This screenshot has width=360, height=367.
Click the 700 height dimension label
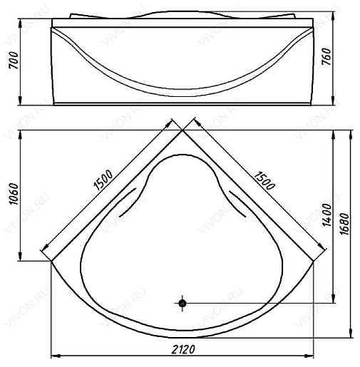[14, 61]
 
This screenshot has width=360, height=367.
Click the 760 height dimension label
[326, 56]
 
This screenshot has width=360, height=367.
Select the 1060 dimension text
[14, 194]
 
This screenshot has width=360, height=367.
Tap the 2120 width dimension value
[183, 349]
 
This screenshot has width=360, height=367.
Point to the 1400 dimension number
[327, 214]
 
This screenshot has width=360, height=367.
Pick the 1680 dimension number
[344, 224]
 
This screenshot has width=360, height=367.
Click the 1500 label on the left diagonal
[103, 180]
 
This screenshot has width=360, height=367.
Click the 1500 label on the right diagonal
[264, 180]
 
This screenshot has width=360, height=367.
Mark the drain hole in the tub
[182, 303]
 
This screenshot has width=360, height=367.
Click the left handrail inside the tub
[127, 202]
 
